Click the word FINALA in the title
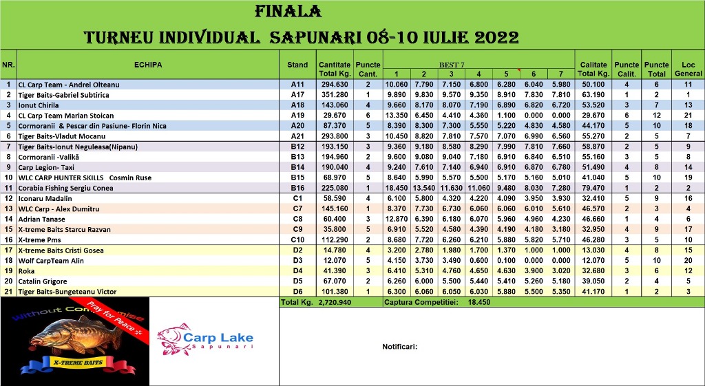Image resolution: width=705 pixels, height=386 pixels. pos(288,12)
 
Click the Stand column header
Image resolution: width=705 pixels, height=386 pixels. pos(297,65)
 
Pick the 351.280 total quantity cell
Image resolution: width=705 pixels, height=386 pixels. pos(334,95)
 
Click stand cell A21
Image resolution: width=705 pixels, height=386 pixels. pos(297,136)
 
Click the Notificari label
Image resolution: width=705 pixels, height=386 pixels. pos(400,347)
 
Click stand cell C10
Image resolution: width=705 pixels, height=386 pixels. pos(297,239)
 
